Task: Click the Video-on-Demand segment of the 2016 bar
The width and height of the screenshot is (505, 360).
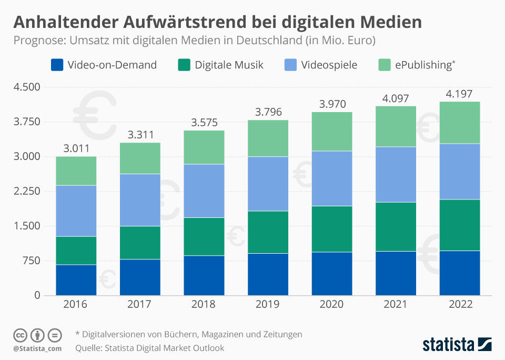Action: coord(76,280)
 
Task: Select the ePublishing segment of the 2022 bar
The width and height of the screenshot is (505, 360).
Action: coord(460,123)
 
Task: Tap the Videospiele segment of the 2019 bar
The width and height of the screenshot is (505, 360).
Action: coord(268,184)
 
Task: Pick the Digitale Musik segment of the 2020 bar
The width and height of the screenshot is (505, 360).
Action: coord(332,229)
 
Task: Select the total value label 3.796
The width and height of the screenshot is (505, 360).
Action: coord(268,112)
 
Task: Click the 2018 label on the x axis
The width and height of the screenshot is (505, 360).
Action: coord(204,304)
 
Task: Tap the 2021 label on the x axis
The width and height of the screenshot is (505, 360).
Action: coord(396,304)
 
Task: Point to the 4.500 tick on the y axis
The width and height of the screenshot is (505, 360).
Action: coord(26,87)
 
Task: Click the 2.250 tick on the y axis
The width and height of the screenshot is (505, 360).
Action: coord(26,192)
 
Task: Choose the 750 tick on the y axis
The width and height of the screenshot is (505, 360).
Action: coord(29,261)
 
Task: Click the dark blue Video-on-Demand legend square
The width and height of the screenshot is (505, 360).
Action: coord(57,65)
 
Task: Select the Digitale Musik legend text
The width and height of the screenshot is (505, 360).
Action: coord(229,65)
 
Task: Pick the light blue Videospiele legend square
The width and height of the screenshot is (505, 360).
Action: coord(290,65)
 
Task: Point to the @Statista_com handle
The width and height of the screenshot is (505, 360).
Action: coord(37,348)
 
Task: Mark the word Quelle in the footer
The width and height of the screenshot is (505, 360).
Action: coord(88,348)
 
